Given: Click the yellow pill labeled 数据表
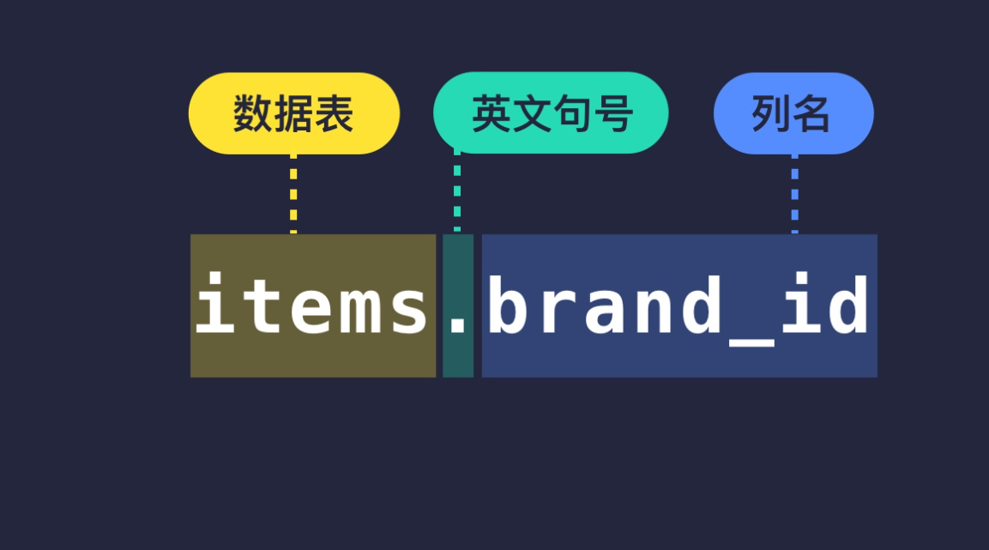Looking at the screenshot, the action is pyautogui.click(x=293, y=113).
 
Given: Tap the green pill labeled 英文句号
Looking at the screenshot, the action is pyautogui.click(x=551, y=113).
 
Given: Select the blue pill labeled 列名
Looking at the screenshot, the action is pyautogui.click(x=793, y=113).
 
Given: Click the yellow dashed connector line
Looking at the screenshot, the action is pyautogui.click(x=293, y=193).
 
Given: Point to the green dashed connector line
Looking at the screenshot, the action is pyautogui.click(x=457, y=193).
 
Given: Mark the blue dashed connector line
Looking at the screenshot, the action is pyautogui.click(x=794, y=193).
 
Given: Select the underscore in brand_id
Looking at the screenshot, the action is pyautogui.click(x=750, y=338).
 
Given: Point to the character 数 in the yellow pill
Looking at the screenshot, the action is pyautogui.click(x=253, y=114).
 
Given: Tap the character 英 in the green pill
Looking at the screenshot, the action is pyautogui.click(x=491, y=114).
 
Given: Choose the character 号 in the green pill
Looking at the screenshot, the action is pyautogui.click(x=612, y=114).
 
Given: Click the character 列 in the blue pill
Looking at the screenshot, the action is pyautogui.click(x=770, y=114).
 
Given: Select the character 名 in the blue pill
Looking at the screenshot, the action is pyautogui.click(x=811, y=114).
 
